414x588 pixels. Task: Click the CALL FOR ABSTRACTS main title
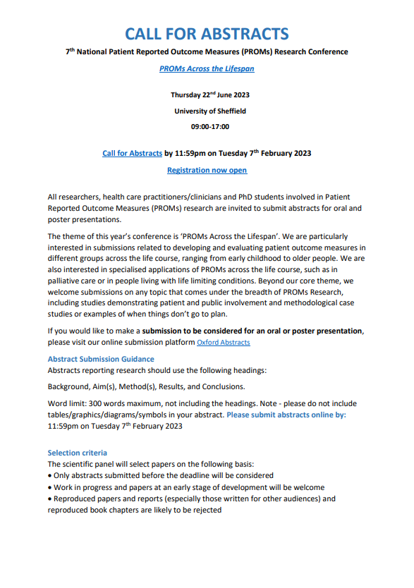click(x=207, y=33)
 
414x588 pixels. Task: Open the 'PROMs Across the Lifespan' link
click(x=207, y=68)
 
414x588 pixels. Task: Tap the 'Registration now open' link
click(x=207, y=170)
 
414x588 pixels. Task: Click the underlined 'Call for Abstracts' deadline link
click(x=133, y=152)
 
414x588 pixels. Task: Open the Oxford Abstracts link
click(x=223, y=343)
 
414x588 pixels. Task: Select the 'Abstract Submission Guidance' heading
click(x=101, y=359)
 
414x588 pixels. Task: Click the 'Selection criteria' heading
click(x=78, y=453)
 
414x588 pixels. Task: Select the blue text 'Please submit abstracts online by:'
click(x=286, y=415)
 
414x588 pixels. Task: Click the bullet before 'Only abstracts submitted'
click(x=50, y=476)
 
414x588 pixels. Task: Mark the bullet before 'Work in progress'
click(x=50, y=487)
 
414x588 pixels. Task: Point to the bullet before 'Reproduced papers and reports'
click(x=50, y=498)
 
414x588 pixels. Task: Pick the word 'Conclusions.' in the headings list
click(x=223, y=386)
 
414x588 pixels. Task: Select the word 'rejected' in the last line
click(x=205, y=510)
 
